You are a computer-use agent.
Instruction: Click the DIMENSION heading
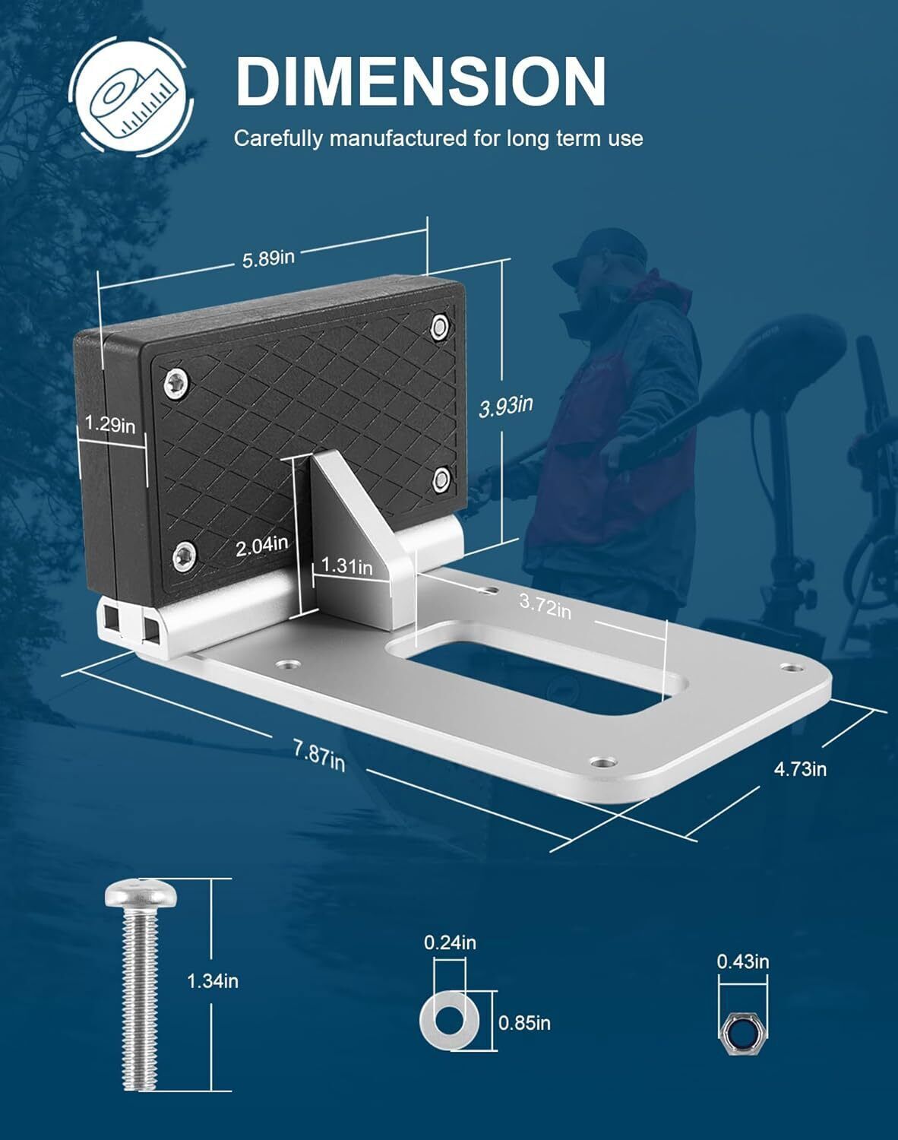[421, 81]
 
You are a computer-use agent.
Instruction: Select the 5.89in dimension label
[268, 258]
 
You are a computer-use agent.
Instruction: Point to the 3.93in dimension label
[506, 406]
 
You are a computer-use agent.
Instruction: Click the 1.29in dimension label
[110, 424]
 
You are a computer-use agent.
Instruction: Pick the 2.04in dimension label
[261, 546]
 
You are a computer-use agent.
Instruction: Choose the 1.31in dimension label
[346, 566]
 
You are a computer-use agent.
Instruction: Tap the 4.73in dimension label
[800, 768]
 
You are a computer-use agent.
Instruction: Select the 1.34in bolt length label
[213, 981]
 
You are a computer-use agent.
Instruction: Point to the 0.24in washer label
[450, 942]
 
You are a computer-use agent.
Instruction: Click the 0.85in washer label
[524, 1022]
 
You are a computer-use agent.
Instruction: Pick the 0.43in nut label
[743, 961]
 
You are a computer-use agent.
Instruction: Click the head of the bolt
[141, 893]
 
